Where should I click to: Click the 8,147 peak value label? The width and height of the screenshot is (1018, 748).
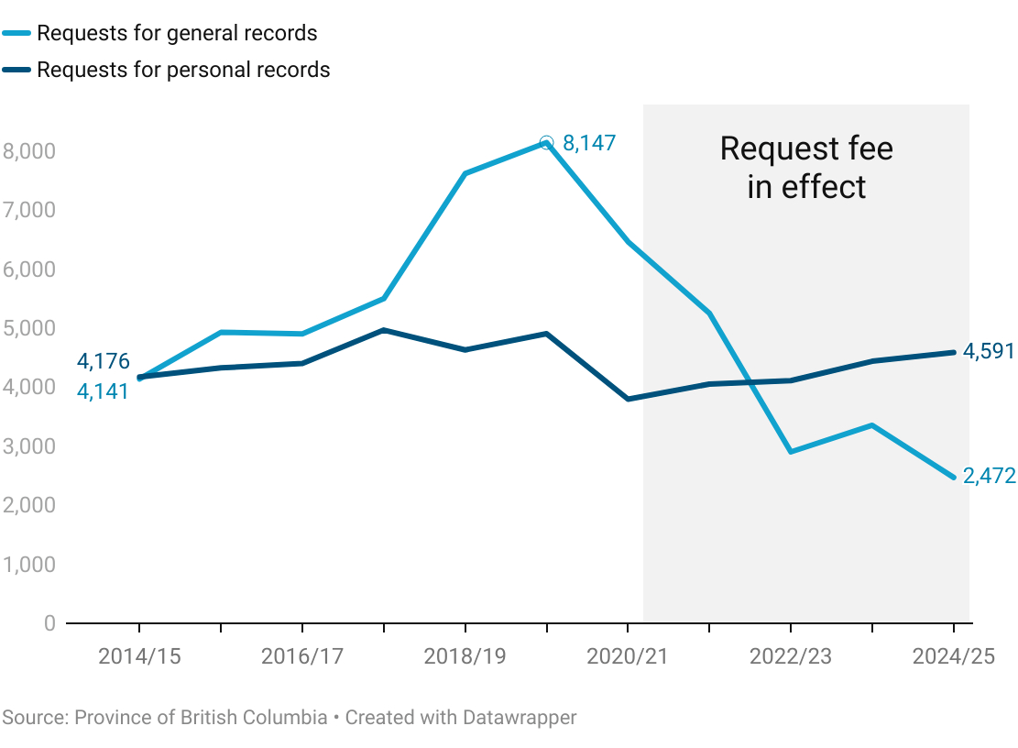point(589,143)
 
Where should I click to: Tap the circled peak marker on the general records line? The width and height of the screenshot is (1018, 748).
point(547,142)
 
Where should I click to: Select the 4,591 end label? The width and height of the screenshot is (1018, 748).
point(988,351)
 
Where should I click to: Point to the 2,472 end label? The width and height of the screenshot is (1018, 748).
point(989,476)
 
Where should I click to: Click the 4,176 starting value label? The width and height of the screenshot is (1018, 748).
point(103,361)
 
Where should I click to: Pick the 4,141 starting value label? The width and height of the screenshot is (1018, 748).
point(103,390)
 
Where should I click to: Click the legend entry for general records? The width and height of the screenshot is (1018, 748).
point(177,34)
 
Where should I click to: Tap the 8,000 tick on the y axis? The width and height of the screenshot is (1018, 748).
point(29,150)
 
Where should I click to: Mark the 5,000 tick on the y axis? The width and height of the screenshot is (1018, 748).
point(29,328)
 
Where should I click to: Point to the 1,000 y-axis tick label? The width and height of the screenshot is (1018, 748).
point(29,565)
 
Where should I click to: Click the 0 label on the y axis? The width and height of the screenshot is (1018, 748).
point(49,623)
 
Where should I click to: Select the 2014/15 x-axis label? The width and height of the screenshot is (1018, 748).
point(138,656)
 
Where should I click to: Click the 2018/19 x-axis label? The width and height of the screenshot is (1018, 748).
point(465,656)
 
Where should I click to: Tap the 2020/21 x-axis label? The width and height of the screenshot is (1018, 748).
point(628,656)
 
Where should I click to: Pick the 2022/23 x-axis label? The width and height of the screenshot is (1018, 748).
point(791,656)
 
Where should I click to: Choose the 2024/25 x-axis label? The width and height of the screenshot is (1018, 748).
point(953,656)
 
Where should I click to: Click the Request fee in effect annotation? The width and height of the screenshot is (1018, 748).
point(806,167)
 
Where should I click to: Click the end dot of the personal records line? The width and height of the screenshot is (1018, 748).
point(953,352)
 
